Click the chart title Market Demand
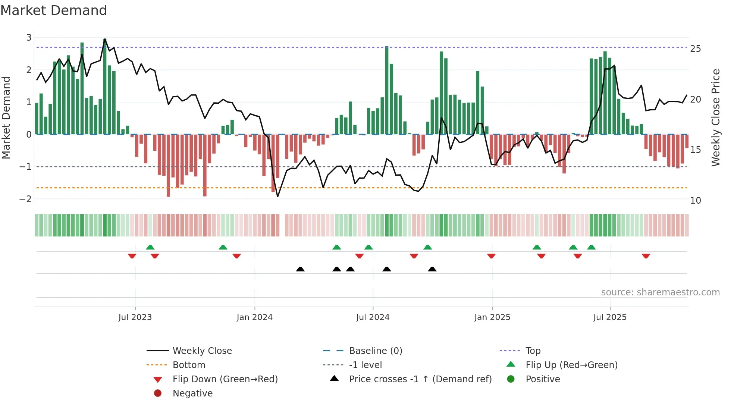[54, 10]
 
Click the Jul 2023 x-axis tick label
[135, 317]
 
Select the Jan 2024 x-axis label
[255, 317]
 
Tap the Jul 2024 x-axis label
[373, 317]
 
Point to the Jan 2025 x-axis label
[492, 317]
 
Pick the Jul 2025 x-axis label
[610, 317]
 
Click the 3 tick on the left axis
[29, 38]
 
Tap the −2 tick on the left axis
[25, 199]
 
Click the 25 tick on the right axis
[696, 49]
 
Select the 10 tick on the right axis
[696, 201]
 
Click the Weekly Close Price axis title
[715, 117]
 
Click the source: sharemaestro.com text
[660, 292]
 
